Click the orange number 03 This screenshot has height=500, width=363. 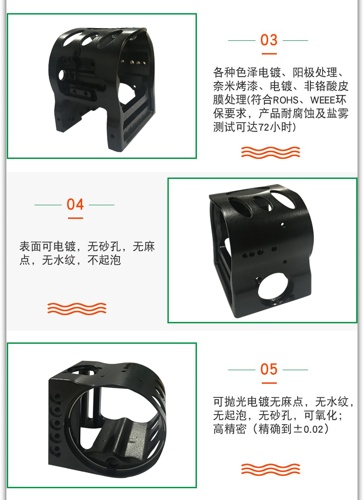coord(269,40)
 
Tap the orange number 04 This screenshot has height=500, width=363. coord(75,204)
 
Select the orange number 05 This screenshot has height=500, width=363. coord(269,369)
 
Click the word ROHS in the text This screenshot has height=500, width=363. coord(285,100)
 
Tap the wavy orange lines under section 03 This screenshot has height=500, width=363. coord(270,153)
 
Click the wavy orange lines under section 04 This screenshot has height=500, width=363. coord(77,308)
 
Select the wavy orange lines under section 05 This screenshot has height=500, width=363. coord(270,469)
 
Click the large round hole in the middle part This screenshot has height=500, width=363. coord(275,288)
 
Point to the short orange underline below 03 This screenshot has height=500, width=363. coord(269,54)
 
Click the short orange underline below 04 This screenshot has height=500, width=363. coord(75,218)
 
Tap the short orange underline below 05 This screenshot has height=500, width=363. coord(269,383)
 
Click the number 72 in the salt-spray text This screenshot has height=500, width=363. coord(264,128)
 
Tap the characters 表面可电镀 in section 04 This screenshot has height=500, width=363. coord(48,246)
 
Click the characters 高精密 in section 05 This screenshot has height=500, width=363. coord(230,429)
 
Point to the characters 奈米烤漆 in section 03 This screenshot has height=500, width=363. coord(235,86)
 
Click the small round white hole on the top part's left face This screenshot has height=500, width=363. coord(62,75)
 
